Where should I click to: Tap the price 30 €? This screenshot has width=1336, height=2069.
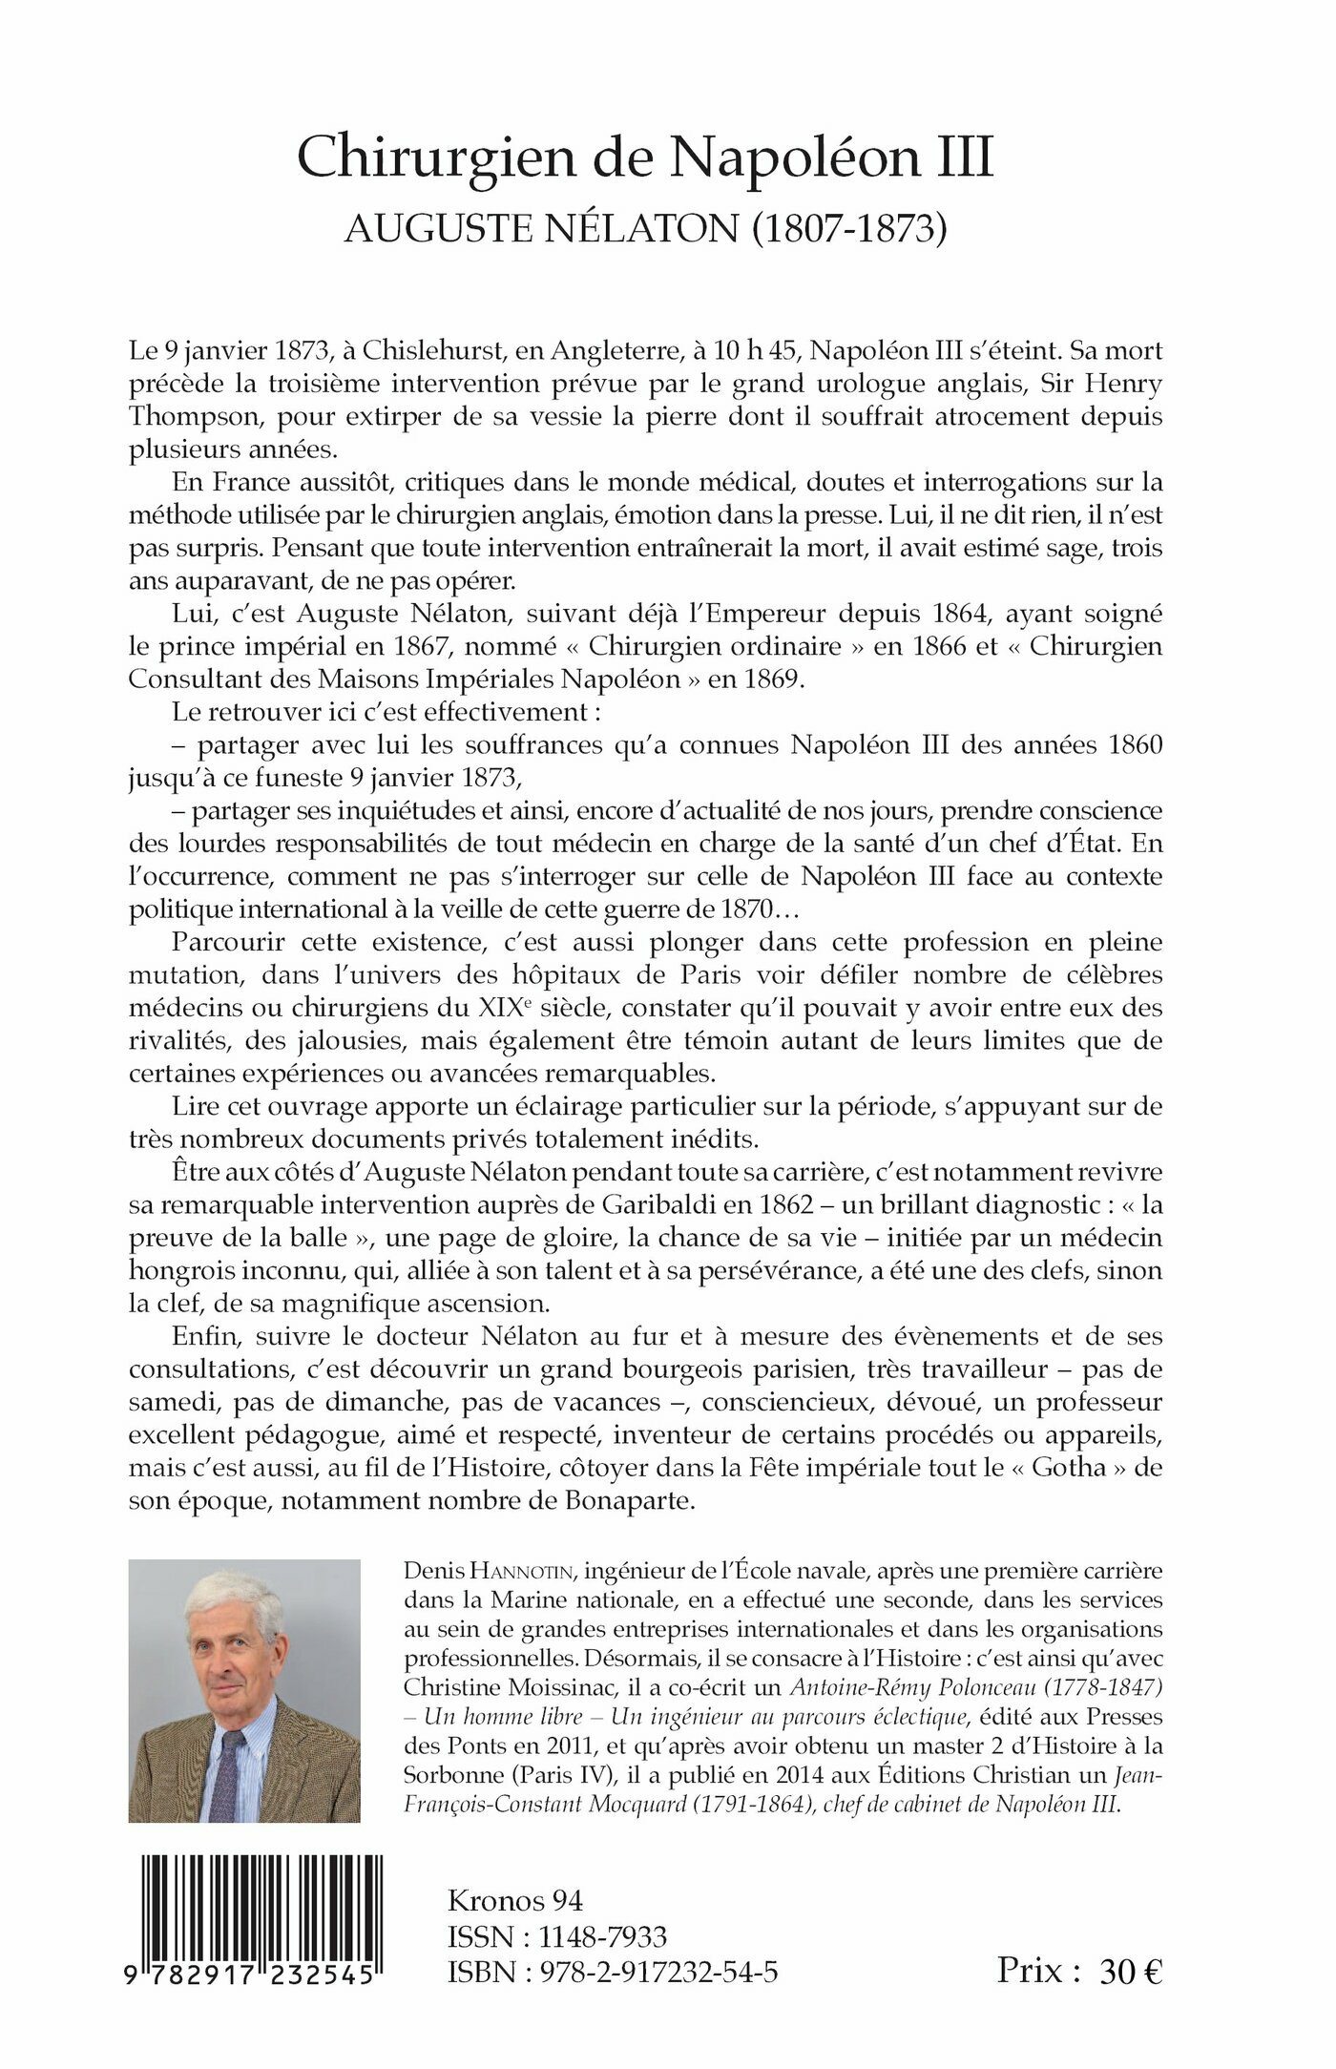click(x=1131, y=1972)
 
